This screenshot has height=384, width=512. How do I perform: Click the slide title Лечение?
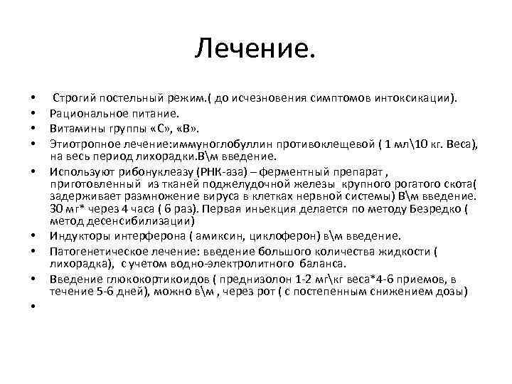tap(255, 50)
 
